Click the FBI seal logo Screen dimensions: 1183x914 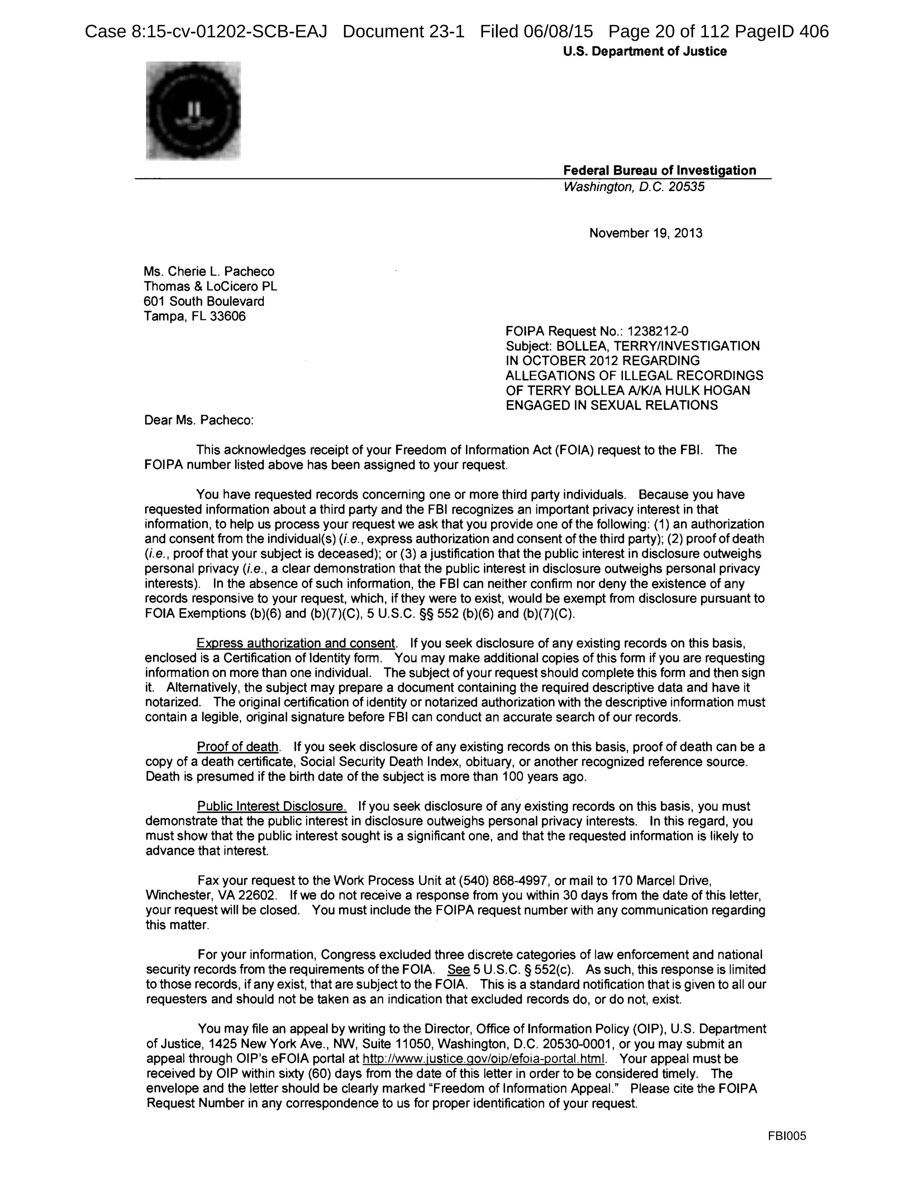point(193,111)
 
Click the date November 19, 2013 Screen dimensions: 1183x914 point(645,234)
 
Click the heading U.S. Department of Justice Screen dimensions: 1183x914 point(644,51)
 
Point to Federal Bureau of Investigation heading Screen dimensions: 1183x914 point(659,171)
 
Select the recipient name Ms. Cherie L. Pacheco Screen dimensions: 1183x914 point(209,272)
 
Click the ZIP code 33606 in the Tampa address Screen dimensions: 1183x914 point(228,316)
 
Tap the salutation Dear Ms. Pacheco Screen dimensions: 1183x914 point(199,420)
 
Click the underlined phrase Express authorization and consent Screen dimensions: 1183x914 point(295,644)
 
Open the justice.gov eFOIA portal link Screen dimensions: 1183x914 point(483,1059)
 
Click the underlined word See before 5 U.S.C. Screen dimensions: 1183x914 point(458,970)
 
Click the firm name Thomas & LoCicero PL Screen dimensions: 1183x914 point(210,287)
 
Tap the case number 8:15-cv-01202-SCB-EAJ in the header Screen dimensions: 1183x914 point(229,31)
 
